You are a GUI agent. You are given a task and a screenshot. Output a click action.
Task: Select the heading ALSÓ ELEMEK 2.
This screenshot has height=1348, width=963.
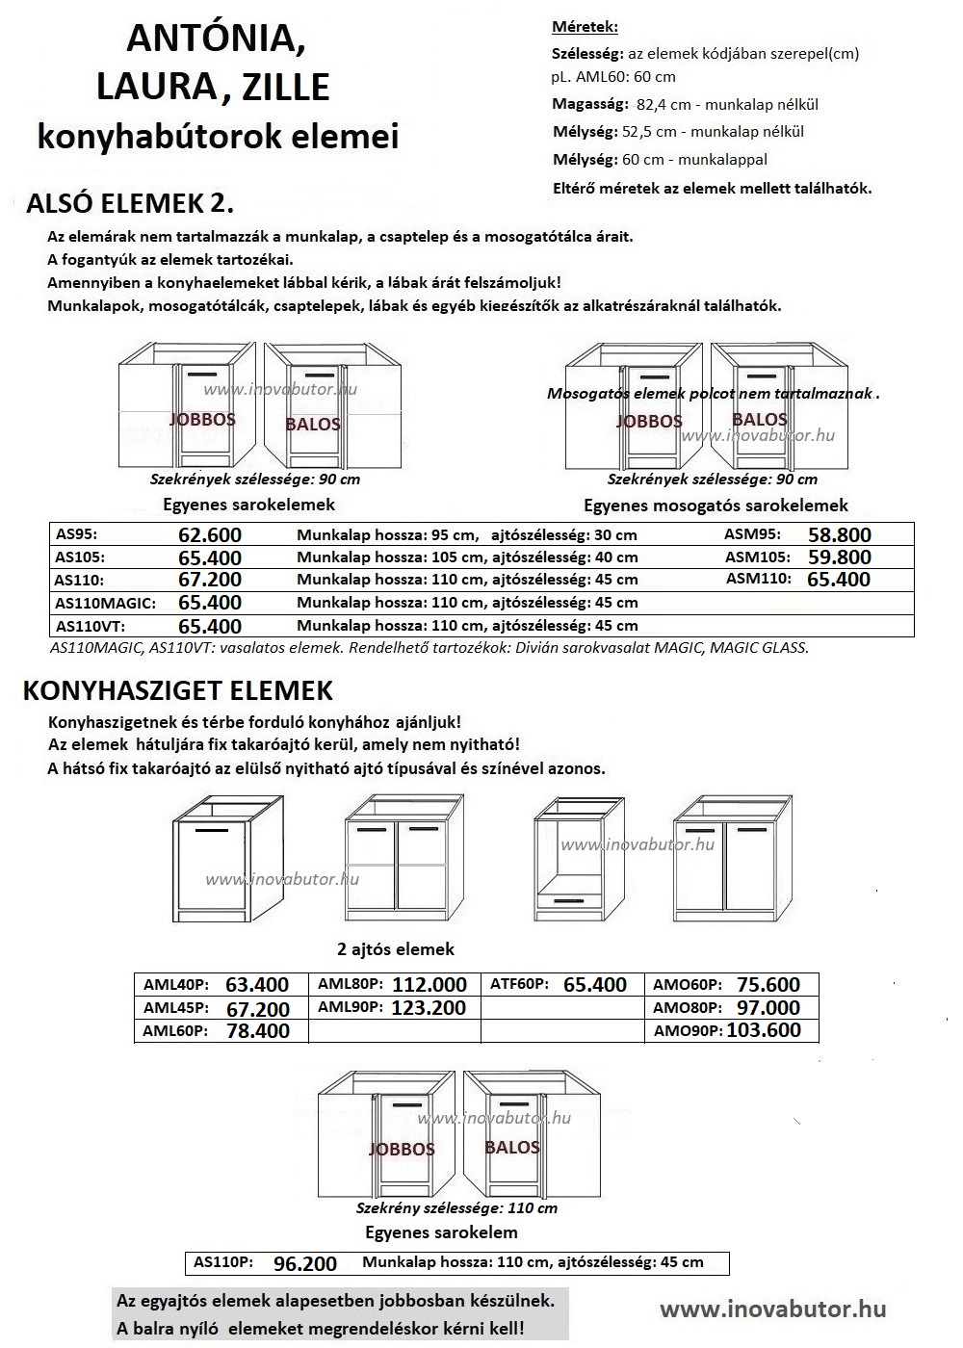coord(131,203)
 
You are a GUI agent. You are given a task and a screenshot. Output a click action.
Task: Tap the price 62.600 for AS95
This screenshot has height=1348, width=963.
coord(210,535)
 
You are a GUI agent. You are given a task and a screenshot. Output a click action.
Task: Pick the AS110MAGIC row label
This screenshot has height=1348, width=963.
coord(105,603)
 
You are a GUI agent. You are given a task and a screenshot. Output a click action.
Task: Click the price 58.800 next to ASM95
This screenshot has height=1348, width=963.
coord(839,535)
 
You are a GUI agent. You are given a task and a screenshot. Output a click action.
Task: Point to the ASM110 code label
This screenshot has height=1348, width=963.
coord(758,579)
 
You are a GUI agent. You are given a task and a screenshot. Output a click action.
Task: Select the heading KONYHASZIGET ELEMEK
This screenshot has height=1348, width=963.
coord(178,690)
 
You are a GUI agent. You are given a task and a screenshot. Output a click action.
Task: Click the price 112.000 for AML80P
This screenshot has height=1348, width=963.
coord(429,984)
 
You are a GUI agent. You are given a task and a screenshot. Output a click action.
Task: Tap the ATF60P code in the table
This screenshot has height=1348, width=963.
coord(519,984)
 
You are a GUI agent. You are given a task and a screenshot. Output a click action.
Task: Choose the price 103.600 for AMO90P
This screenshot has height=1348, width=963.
coord(764,1030)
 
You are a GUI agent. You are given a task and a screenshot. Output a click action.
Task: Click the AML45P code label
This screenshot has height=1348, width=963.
coord(175,1008)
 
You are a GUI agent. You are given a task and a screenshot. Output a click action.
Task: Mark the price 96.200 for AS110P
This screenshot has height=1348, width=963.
coord(305,1264)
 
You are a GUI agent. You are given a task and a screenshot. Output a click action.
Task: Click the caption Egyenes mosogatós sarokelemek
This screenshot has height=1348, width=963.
coord(716,505)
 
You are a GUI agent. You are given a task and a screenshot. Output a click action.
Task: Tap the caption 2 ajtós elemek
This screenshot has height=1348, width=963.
coord(396,949)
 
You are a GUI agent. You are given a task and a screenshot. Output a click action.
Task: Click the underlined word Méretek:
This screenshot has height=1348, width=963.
coord(585,27)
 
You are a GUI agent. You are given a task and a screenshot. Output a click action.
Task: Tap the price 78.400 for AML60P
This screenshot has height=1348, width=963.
coord(257,1031)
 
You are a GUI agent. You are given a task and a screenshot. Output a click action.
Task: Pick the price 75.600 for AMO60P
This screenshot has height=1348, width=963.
coord(768,984)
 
